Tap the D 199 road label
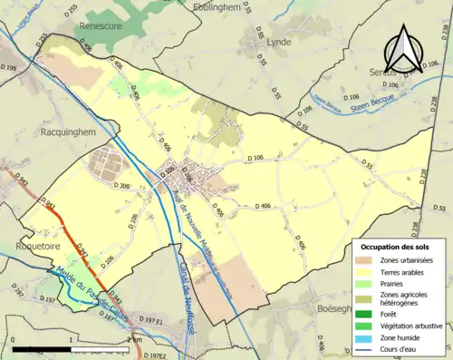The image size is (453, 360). click(x=9, y=68)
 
